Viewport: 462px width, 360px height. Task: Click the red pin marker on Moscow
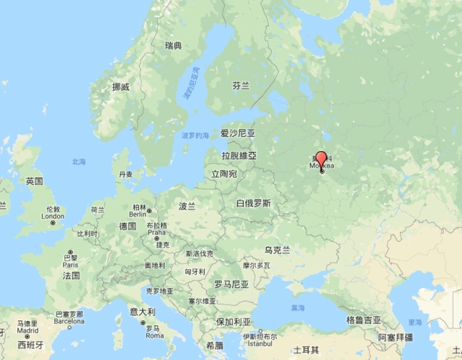321,158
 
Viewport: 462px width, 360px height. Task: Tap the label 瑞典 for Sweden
173,46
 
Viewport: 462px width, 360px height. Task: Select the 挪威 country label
120,87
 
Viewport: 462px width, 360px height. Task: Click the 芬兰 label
241,85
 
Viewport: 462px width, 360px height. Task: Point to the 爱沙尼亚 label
238,133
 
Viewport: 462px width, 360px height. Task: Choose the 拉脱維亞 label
239,155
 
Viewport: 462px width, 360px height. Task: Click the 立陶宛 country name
223,174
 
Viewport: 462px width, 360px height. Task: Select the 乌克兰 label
277,250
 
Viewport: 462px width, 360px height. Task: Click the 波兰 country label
187,206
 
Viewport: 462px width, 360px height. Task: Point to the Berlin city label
138,214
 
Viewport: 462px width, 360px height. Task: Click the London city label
53,216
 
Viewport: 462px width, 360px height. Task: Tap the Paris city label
71,264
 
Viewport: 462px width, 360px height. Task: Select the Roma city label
154,336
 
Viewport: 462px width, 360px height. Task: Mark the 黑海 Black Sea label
298,307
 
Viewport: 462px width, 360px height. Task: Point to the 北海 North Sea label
79,161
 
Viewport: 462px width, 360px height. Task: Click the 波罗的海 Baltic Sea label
195,135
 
